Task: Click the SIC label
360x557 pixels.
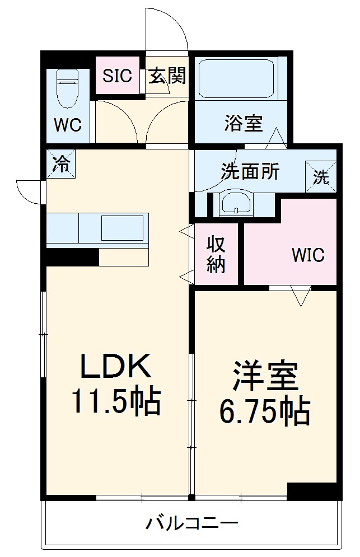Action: point(117,76)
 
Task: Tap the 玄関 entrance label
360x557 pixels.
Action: point(167,75)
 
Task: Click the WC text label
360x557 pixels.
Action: point(68,125)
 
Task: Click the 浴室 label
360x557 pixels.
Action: point(244,123)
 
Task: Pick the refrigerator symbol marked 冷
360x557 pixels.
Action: point(61,164)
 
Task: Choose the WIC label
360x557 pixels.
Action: point(307,255)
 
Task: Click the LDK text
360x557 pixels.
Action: point(116,367)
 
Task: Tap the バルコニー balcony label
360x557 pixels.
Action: point(192,524)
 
